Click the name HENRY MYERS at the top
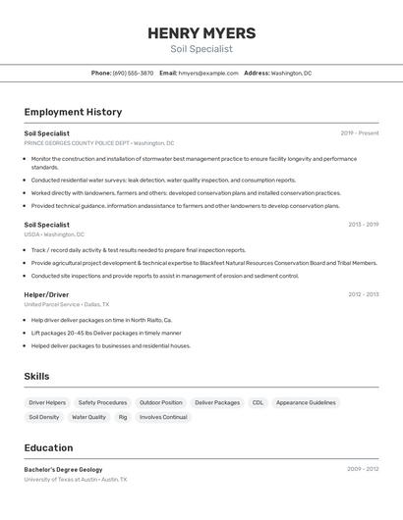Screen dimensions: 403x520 (201, 33)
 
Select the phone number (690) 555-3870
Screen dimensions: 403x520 (133, 73)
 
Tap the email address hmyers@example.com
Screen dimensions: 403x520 (208, 73)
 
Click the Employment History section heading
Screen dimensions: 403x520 (73, 112)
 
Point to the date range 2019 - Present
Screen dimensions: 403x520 (359, 133)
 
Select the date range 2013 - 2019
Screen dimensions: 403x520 (363, 225)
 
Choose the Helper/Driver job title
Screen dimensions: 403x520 (46, 294)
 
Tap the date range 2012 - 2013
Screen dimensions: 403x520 (363, 294)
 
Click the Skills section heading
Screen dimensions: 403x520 (36, 377)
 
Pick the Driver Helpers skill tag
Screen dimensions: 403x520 (47, 402)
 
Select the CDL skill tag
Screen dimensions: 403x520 (258, 402)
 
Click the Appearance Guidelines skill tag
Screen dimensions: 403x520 (306, 402)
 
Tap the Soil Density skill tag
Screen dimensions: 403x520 (43, 417)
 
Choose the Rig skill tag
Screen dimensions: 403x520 (123, 417)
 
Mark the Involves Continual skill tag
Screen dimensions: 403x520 (163, 417)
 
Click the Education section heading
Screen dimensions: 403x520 (48, 447)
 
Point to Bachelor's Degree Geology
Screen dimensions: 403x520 (63, 469)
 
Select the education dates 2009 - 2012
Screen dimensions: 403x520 (363, 469)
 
